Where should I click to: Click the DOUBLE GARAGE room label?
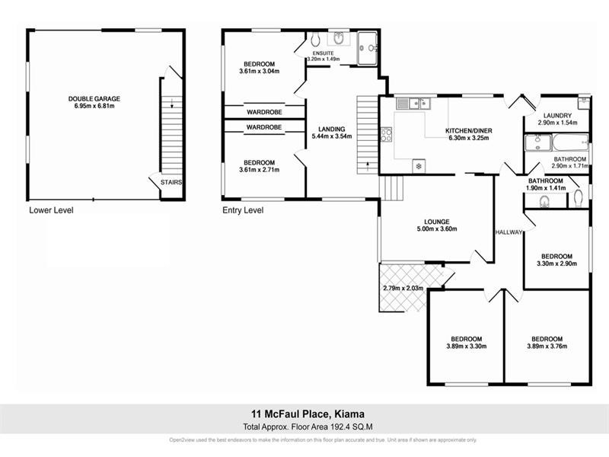(94, 98)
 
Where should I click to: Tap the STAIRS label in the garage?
(171, 182)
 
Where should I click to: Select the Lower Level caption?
(51, 210)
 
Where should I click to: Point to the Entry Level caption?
(242, 210)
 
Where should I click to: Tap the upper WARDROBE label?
(263, 112)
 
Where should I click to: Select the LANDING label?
(332, 129)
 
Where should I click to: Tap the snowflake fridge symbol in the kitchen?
(417, 165)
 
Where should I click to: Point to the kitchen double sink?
(418, 103)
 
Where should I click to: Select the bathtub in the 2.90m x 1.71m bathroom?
(572, 141)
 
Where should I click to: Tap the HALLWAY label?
(508, 232)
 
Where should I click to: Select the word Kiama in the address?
(347, 414)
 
